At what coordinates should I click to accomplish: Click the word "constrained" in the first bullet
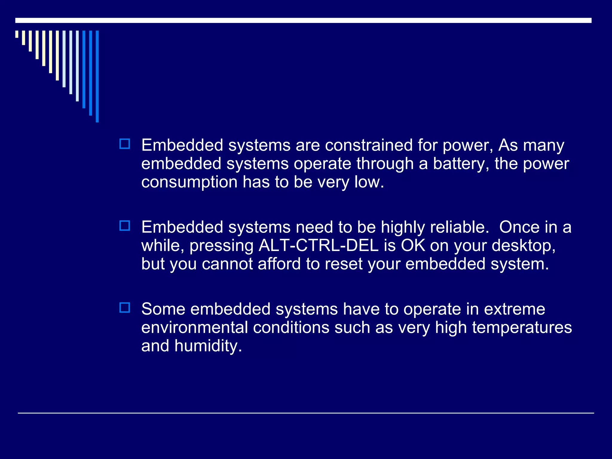(x=369, y=146)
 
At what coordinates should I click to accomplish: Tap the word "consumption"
(x=189, y=182)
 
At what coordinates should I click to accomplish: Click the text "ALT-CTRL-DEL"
(x=319, y=246)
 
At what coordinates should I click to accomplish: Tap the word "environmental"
(x=195, y=328)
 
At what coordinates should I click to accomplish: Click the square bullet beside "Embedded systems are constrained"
(x=125, y=144)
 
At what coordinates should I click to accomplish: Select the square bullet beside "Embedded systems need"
(x=125, y=226)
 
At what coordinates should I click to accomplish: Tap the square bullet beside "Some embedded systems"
(x=125, y=307)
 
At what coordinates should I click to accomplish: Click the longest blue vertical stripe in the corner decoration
(x=97, y=76)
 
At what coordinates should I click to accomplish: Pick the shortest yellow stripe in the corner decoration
(x=17, y=34)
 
